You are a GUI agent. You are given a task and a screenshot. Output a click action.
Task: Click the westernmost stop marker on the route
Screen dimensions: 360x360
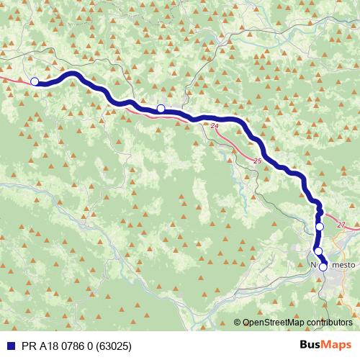[35, 81]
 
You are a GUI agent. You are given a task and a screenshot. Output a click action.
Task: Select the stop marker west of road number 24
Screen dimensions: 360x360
[161, 109]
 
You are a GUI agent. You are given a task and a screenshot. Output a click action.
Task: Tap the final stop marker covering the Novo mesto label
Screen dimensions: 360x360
[323, 267]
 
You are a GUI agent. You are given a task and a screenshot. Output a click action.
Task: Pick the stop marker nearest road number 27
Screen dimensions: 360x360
[320, 227]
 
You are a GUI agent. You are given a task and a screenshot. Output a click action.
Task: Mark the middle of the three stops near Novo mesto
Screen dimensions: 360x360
[318, 251]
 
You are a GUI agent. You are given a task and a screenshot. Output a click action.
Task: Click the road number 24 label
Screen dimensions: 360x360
[215, 126]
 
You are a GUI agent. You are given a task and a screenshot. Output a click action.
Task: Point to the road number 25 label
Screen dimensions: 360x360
[258, 161]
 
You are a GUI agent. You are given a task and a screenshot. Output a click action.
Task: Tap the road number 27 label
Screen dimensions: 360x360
[341, 225]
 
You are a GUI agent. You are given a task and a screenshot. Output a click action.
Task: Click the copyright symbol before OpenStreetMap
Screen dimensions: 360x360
[238, 322]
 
